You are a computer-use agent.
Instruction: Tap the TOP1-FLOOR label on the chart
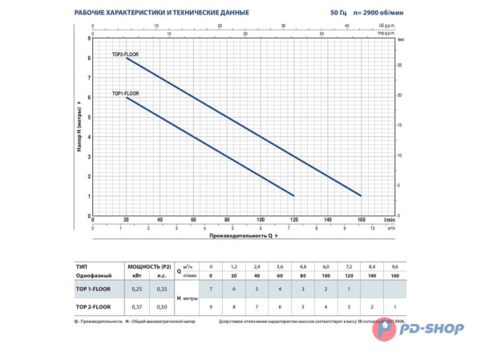point(125,94)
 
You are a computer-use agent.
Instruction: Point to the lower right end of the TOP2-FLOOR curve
point(362,196)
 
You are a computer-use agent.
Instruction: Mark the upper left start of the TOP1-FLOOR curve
point(127,98)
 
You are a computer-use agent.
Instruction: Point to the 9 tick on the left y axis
point(88,38)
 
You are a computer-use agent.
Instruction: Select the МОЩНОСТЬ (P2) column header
point(149,265)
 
